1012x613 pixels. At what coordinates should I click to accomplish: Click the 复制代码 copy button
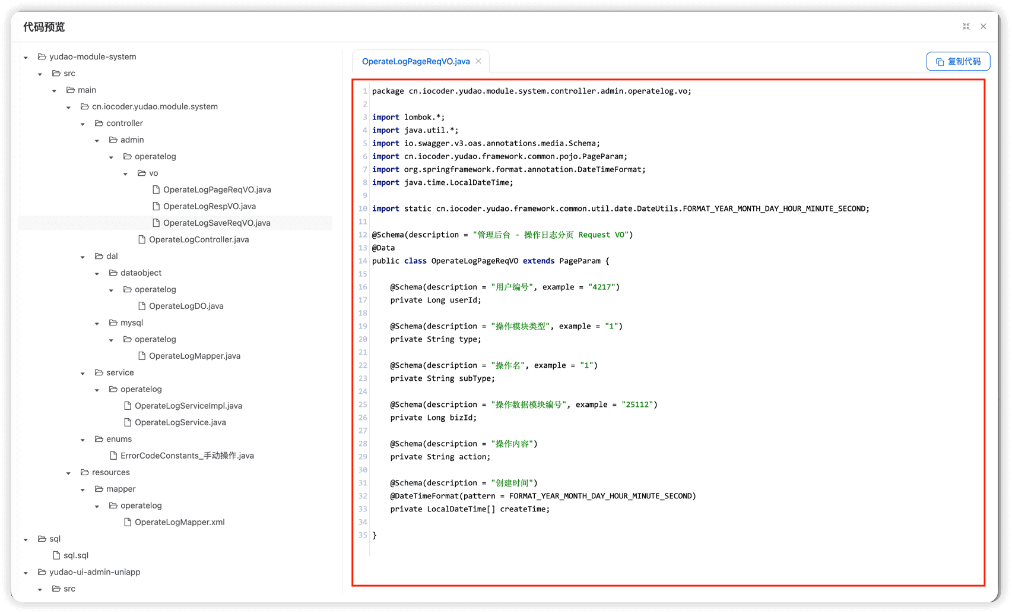coord(958,62)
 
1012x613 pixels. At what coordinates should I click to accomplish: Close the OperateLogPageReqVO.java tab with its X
coord(478,61)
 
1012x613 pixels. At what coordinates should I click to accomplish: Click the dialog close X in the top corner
coord(983,27)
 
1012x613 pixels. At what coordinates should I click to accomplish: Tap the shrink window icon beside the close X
coord(966,27)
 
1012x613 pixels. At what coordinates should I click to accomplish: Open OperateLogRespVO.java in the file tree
coord(209,206)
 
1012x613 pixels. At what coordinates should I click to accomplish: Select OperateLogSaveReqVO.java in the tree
coord(217,223)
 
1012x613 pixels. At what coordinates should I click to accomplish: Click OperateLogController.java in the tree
coord(199,239)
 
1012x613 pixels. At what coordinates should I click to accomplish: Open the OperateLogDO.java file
coord(186,306)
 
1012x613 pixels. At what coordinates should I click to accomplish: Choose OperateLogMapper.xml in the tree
coord(179,522)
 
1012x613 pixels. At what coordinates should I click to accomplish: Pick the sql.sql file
coord(75,555)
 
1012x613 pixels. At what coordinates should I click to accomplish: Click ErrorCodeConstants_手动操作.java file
coord(187,456)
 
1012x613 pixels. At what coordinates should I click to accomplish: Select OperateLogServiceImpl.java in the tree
coord(188,406)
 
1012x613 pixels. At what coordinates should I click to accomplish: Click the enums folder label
coord(119,439)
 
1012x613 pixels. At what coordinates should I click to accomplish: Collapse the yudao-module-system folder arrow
coord(26,58)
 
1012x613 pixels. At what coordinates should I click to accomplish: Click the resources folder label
coord(110,472)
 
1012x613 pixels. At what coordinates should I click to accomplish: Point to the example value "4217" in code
coord(602,287)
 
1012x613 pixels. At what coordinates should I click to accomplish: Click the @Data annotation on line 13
coord(383,248)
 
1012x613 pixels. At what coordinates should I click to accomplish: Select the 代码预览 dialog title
coord(44,27)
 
